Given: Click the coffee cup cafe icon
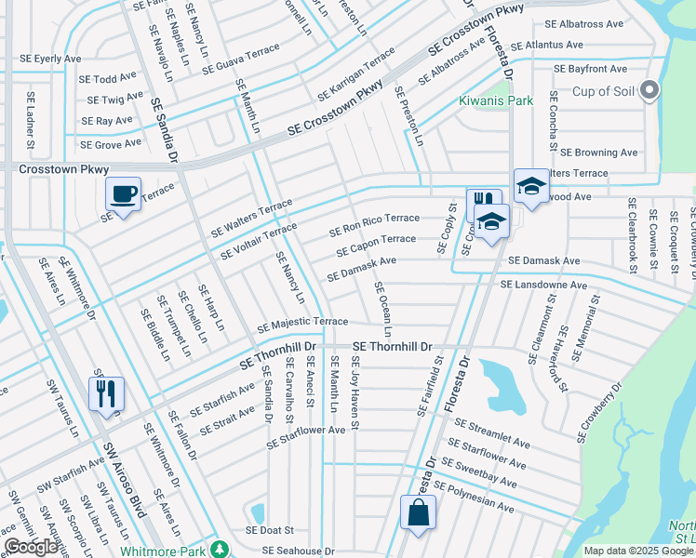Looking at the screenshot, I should (x=123, y=194).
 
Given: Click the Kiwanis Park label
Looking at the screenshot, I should (x=497, y=100).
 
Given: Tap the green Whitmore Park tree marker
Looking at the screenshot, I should (x=219, y=549).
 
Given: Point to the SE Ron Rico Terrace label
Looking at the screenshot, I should (x=376, y=224).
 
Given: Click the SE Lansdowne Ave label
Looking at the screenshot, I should (x=543, y=285).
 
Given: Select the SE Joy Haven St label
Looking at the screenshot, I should (x=355, y=392).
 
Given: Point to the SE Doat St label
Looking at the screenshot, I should (x=270, y=530).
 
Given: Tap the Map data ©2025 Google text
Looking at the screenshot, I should (x=638, y=551).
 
